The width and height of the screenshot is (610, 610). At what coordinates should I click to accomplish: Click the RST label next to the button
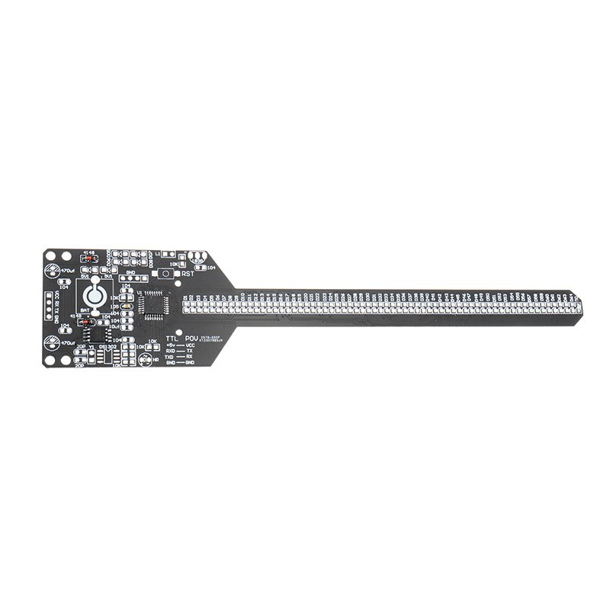[187, 273]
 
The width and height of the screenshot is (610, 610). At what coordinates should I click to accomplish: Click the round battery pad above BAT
[96, 296]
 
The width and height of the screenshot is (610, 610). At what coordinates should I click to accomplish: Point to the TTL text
[173, 336]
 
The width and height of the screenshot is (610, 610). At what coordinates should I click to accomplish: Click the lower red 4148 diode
[85, 322]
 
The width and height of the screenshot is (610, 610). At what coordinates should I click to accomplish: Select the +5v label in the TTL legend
[171, 345]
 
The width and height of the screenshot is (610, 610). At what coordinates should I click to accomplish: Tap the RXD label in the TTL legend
[171, 352]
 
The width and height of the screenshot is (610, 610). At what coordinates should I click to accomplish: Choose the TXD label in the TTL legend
[171, 357]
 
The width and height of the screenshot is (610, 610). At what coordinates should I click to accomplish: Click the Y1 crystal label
[91, 346]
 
